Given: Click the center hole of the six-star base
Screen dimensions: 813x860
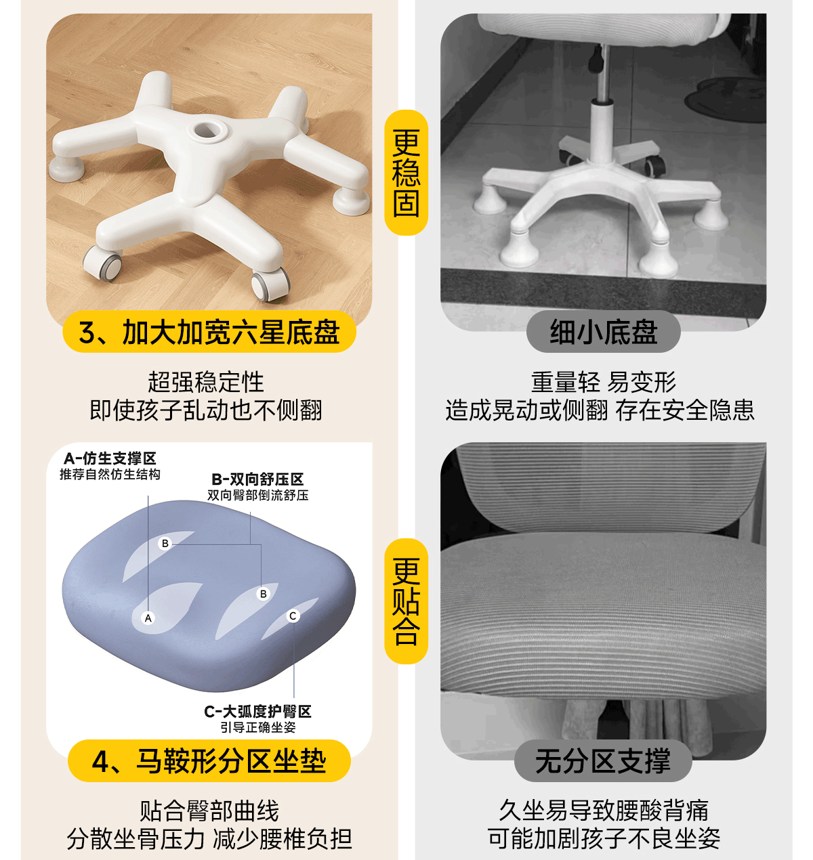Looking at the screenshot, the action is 207,129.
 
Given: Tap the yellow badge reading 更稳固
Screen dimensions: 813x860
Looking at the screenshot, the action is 406,173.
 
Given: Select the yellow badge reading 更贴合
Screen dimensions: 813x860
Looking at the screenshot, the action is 406,601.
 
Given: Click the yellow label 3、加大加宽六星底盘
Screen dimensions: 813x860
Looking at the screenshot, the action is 209,332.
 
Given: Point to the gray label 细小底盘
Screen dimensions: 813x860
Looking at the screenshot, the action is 603,332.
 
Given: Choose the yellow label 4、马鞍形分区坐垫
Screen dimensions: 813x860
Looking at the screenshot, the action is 209,761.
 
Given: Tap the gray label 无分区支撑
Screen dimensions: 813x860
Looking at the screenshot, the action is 603,761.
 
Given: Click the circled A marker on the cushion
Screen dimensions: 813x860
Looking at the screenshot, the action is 148,618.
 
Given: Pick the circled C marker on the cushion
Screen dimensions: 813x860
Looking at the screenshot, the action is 293,616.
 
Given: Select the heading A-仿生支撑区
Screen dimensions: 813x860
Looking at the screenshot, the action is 110,458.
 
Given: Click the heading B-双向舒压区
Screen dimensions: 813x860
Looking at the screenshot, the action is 257,479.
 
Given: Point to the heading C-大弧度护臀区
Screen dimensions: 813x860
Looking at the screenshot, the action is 258,712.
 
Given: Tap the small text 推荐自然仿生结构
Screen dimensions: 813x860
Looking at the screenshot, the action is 110,474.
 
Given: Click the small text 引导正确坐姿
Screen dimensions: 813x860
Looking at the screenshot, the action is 258,727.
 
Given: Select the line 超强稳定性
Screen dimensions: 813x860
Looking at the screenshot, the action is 206,382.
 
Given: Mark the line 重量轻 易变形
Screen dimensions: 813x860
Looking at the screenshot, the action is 603,382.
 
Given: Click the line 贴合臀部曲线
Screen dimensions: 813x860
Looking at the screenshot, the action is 209,811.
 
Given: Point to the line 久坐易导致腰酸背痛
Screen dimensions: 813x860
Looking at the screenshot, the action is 604,811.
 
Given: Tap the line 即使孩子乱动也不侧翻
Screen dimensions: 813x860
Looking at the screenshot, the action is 206,410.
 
